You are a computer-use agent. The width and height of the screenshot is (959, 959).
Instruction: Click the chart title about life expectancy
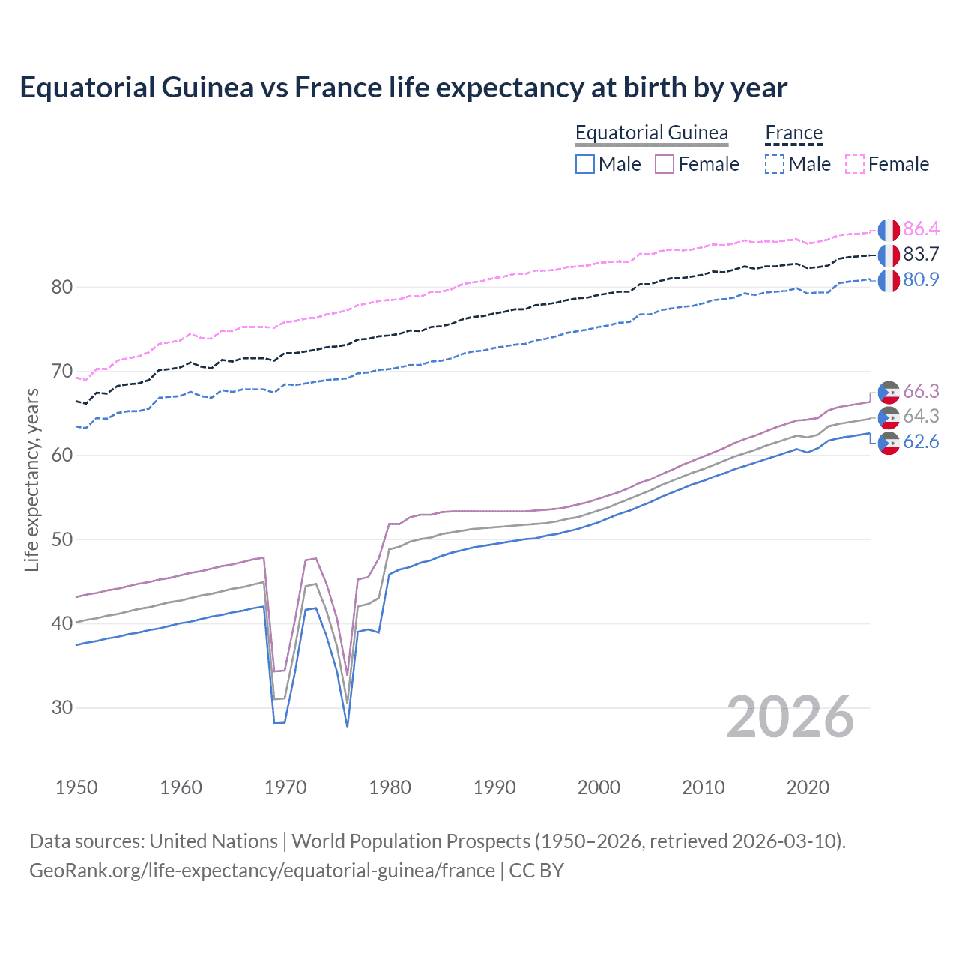403,88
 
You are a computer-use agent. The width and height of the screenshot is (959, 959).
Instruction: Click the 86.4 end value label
921,229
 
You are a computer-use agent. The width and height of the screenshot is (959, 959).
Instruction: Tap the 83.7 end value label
921,254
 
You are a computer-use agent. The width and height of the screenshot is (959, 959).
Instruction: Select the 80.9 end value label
921,279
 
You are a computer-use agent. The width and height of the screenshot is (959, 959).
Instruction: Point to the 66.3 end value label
921,391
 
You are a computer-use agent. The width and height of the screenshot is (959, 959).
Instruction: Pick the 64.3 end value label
921,416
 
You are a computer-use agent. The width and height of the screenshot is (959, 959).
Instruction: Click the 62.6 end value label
921,441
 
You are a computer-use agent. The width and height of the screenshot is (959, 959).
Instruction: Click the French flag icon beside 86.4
889,230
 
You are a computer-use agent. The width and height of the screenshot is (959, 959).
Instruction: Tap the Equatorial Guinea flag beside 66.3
889,392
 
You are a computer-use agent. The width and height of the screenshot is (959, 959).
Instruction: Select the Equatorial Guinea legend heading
651,133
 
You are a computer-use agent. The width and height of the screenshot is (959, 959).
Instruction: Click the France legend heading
793,133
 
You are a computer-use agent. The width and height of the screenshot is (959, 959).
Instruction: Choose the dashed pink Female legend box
855,164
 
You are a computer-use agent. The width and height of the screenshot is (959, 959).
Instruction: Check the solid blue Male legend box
585,164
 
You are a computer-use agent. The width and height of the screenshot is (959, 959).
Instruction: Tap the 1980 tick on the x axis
390,787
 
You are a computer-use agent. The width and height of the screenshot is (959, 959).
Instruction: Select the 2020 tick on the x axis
808,787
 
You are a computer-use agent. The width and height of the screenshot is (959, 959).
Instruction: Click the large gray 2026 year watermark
790,717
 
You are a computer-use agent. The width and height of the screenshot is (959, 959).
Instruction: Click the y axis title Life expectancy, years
31,479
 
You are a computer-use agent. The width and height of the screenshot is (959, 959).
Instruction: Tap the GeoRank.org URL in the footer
261,871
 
